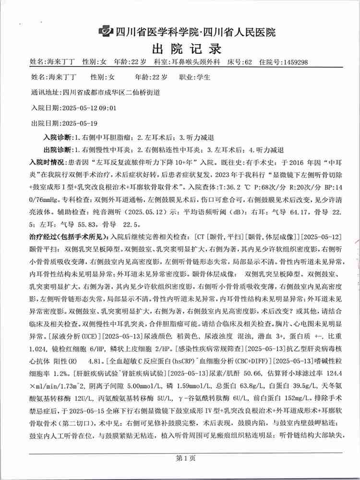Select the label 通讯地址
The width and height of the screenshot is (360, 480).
(45, 92)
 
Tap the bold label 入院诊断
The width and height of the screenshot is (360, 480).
(58, 137)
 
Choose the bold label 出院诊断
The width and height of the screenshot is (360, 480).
(58, 149)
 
